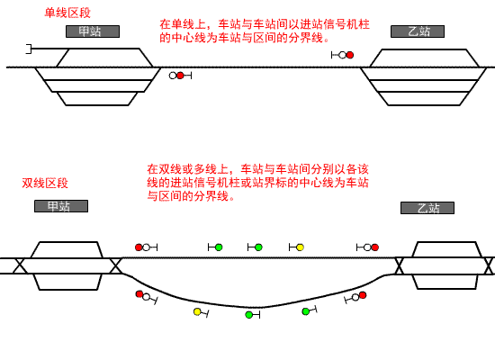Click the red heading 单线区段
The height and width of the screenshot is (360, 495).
point(67,13)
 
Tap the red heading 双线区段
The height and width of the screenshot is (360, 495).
point(45,184)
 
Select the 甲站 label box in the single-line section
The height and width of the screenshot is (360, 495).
point(93,31)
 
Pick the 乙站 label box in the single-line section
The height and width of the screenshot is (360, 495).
point(418,31)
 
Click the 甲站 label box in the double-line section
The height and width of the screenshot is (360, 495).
point(61,206)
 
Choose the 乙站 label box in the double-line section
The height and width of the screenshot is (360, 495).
point(427,208)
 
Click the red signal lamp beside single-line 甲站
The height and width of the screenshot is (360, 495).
point(180,76)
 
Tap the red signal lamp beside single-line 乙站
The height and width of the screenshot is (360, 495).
point(350,55)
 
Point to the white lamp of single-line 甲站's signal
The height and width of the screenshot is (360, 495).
point(173,76)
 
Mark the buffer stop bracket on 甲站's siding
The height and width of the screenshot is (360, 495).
point(29,49)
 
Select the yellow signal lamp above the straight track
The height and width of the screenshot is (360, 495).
point(301,247)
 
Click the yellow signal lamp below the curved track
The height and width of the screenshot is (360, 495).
point(197,312)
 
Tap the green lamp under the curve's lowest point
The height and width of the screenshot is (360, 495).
point(249,314)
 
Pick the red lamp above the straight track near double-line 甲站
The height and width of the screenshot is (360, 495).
point(139,247)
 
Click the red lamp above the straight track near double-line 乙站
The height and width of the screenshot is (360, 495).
point(375,247)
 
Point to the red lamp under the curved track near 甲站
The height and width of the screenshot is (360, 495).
point(139,294)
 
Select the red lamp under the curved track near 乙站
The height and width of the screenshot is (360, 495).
point(363,295)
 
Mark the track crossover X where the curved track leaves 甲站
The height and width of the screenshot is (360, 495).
point(115,265)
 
